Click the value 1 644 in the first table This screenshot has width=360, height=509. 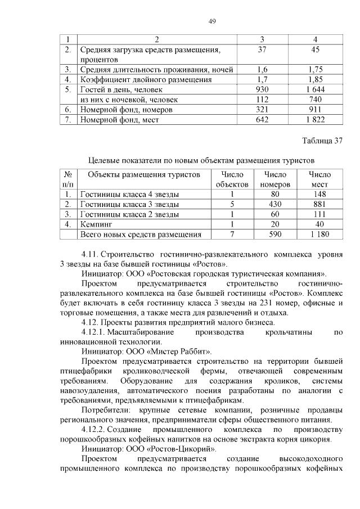315,89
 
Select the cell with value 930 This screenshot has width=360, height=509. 262,89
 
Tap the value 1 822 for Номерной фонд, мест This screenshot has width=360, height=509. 315,119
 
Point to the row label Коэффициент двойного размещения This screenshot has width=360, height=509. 138,79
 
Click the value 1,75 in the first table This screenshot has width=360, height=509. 315,70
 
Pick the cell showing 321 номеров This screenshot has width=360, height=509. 262,109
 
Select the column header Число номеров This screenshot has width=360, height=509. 275,179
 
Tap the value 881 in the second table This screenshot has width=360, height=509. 319,204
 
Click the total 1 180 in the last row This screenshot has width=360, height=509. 319,235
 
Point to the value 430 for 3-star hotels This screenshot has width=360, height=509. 275,204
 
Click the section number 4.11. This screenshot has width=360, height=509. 92,254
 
